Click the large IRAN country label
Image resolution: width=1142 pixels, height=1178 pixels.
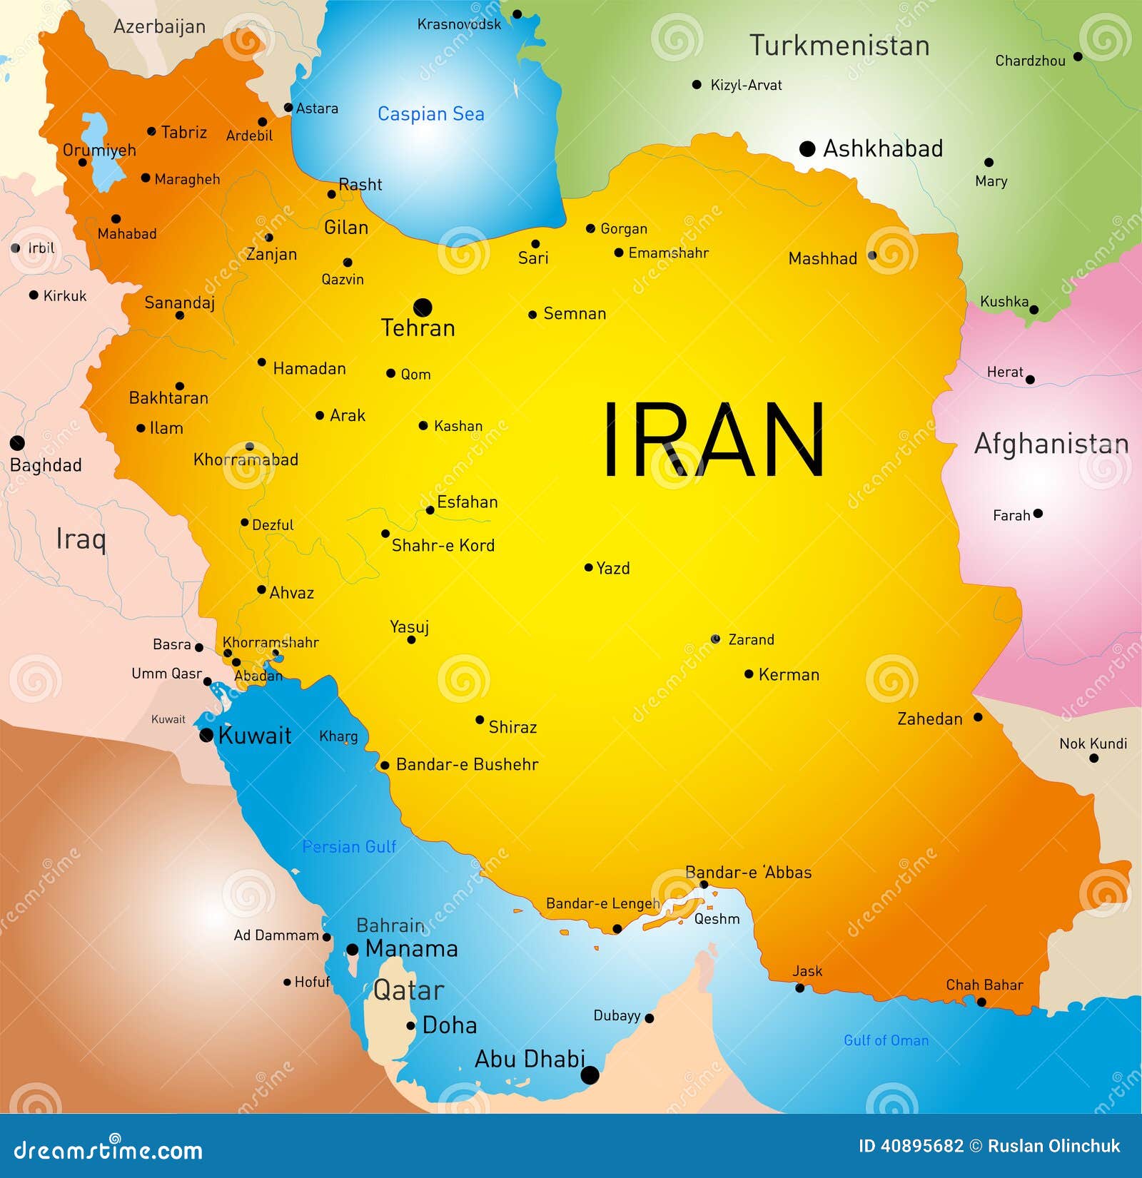(x=714, y=440)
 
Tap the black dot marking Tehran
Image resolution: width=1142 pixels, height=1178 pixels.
(x=423, y=308)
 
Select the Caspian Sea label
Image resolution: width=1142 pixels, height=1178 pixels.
(x=430, y=114)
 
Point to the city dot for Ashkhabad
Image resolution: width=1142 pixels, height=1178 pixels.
(x=807, y=148)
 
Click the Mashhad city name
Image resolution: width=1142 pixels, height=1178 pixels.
(x=822, y=258)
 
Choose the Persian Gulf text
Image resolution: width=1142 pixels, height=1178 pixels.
(x=348, y=847)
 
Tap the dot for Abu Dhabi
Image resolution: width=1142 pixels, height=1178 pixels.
(x=590, y=1075)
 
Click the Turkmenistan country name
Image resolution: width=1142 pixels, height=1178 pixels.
(x=839, y=46)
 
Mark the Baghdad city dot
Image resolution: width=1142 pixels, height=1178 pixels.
(x=17, y=443)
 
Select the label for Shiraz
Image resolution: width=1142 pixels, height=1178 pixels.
(x=512, y=727)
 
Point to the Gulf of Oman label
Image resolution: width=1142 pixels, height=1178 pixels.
(x=886, y=1040)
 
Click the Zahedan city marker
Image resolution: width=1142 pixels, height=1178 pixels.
(x=978, y=717)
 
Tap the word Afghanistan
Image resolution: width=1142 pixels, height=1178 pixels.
(x=1051, y=444)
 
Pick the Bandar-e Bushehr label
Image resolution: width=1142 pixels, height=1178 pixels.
(x=467, y=764)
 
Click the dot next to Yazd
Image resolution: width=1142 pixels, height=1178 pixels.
(x=588, y=568)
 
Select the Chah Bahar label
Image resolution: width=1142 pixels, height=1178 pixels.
(x=984, y=985)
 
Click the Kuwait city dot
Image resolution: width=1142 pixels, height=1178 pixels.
(x=206, y=735)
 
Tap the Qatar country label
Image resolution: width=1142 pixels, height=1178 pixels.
(x=408, y=990)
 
